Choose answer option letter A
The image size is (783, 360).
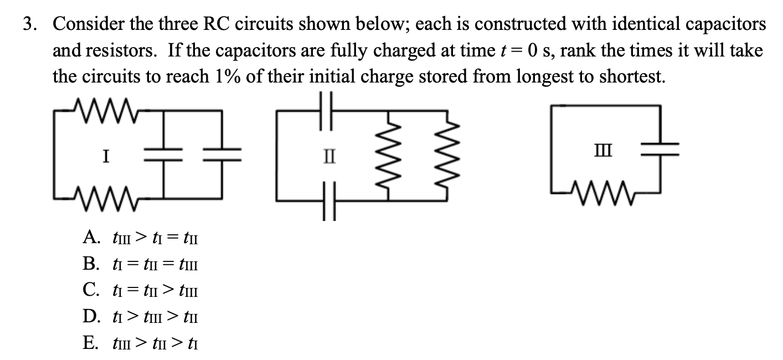click(x=91, y=238)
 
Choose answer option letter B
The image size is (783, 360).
click(x=91, y=264)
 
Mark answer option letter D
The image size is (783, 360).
click(x=91, y=316)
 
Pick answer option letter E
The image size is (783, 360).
click(x=91, y=343)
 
